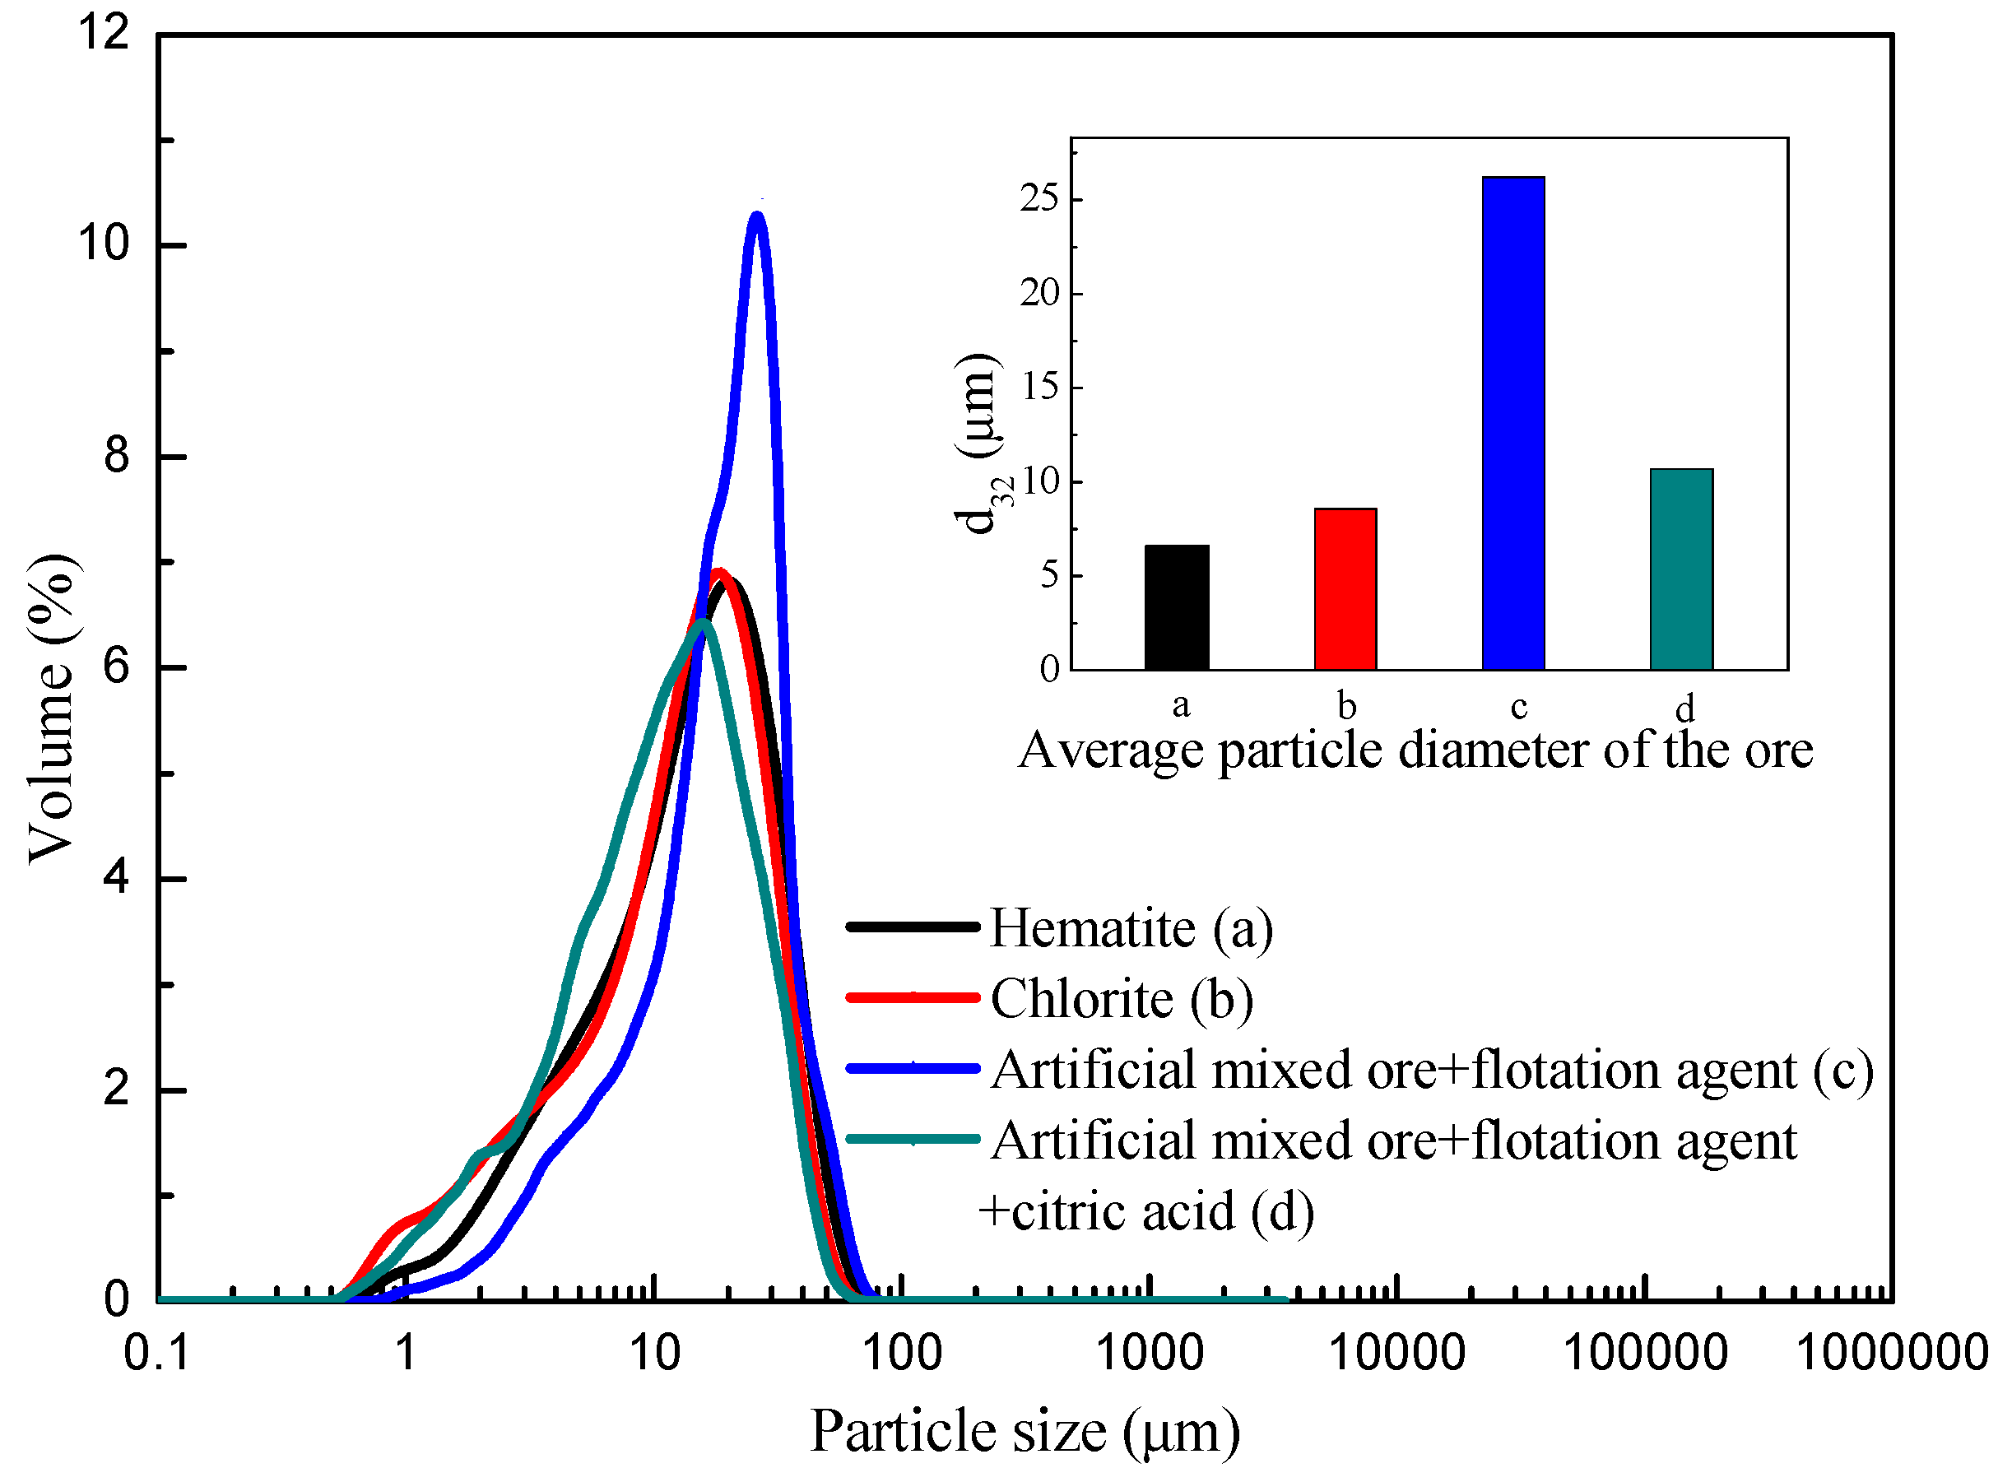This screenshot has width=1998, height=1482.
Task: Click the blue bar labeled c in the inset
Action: click(x=1512, y=424)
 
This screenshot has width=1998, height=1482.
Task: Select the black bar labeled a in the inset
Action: click(x=1176, y=607)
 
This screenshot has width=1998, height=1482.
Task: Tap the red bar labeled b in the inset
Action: click(x=1345, y=589)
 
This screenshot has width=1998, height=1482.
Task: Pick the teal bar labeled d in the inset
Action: click(x=1681, y=569)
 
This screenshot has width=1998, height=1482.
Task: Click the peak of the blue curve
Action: click(x=758, y=216)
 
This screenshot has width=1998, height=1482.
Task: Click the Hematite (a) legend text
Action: click(x=1131, y=928)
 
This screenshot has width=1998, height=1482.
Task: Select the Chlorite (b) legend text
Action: click(x=1122, y=999)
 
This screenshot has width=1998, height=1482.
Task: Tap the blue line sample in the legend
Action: click(x=913, y=1067)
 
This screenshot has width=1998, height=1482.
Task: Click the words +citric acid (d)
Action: click(x=1145, y=1213)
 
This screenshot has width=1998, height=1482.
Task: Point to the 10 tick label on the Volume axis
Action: click(x=104, y=244)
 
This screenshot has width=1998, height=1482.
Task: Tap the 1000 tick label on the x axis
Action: click(x=1150, y=1354)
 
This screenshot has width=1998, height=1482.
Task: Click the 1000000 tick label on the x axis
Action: click(x=1891, y=1354)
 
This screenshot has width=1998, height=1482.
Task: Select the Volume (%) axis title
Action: click(x=52, y=708)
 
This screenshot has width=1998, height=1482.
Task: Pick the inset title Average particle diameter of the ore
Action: click(x=1415, y=750)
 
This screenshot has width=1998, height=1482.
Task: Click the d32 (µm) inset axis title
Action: click(x=978, y=444)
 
